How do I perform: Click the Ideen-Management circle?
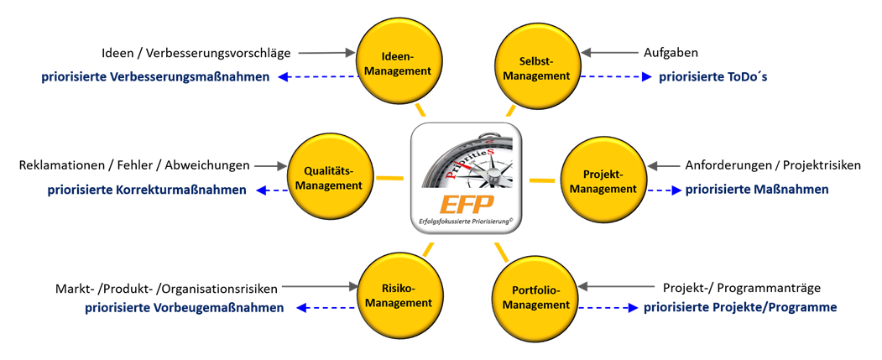397,63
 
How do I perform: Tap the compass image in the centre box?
467,159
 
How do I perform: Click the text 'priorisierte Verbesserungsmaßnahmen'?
156,77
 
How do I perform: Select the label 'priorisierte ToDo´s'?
713,77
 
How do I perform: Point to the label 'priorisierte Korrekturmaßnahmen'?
147,190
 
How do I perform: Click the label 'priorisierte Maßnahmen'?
756,190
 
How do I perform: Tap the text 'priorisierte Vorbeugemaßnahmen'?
184,308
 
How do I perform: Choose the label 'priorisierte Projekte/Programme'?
740,308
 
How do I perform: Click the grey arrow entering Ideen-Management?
326,53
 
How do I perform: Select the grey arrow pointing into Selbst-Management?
610,53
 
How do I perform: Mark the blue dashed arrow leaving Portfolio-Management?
608,308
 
